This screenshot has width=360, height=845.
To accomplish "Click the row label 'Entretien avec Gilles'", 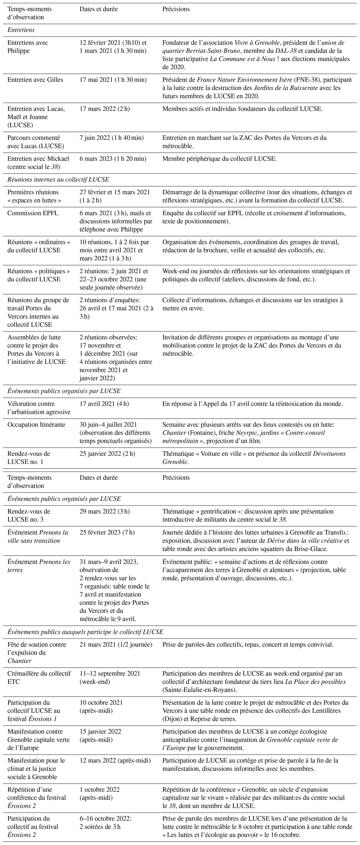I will [x=35, y=80].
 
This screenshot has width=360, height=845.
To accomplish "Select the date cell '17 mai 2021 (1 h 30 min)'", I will [x=113, y=80].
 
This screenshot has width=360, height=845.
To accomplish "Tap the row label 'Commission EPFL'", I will [x=33, y=213].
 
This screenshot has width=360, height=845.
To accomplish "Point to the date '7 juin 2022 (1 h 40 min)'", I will [x=111, y=138].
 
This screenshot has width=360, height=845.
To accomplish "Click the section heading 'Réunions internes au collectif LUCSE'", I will [x=58, y=180].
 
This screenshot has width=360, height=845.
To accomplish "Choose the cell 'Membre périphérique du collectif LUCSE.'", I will [x=219, y=159].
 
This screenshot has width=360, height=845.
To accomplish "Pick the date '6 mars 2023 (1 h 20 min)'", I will [x=113, y=159].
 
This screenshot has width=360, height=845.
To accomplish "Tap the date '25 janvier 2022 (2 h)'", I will [x=107, y=454].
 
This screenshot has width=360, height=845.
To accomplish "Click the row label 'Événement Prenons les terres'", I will [x=39, y=566].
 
